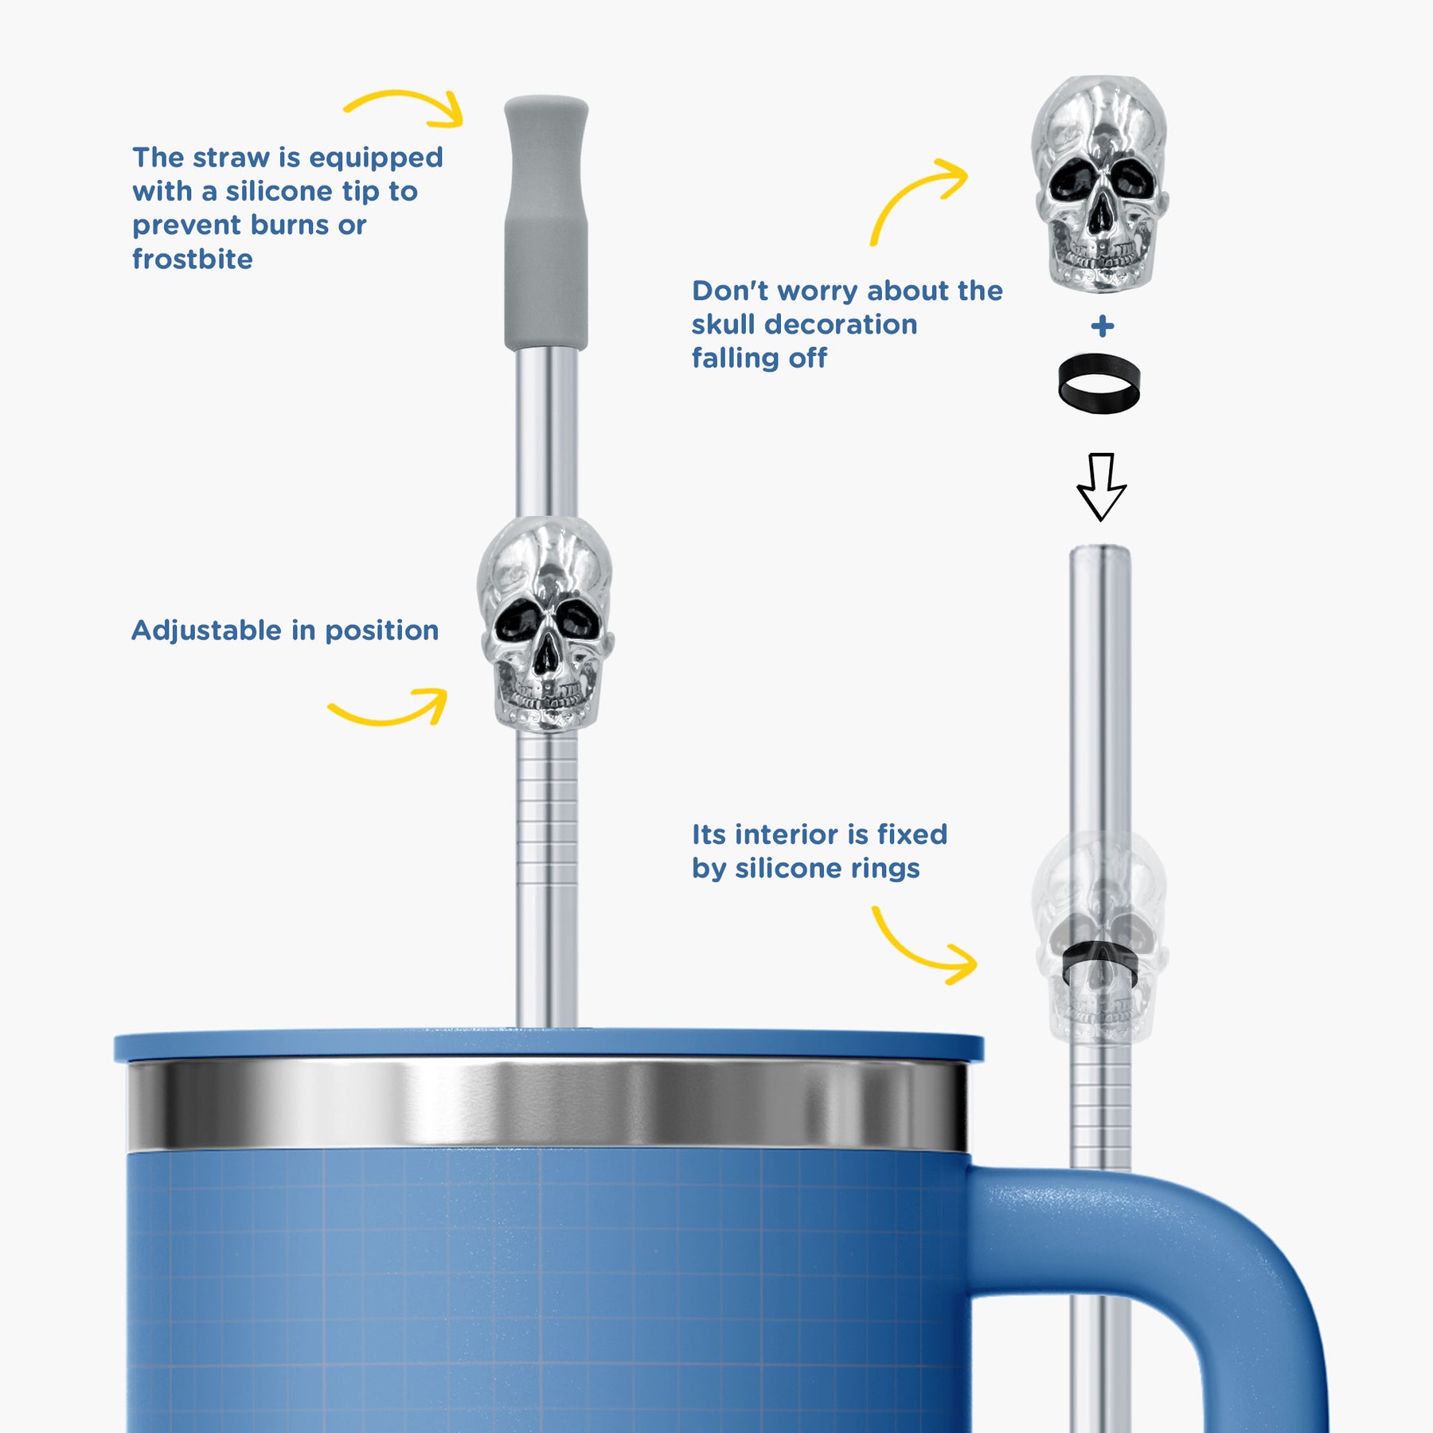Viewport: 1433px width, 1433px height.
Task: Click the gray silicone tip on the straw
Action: click(546, 223)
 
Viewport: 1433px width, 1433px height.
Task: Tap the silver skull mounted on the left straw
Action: click(545, 624)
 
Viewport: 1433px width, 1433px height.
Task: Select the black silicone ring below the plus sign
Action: click(1099, 383)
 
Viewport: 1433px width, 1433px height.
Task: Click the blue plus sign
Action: click(1103, 326)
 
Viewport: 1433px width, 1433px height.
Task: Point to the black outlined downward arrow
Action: click(1101, 487)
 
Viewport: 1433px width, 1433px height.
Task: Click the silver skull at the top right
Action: click(1100, 183)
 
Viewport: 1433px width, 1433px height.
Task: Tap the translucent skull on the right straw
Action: click(1100, 937)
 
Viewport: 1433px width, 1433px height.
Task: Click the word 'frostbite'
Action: click(193, 259)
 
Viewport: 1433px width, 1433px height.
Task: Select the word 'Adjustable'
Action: click(206, 630)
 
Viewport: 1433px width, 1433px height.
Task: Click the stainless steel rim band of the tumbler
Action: click(548, 1105)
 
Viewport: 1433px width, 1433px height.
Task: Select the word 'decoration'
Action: click(841, 324)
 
